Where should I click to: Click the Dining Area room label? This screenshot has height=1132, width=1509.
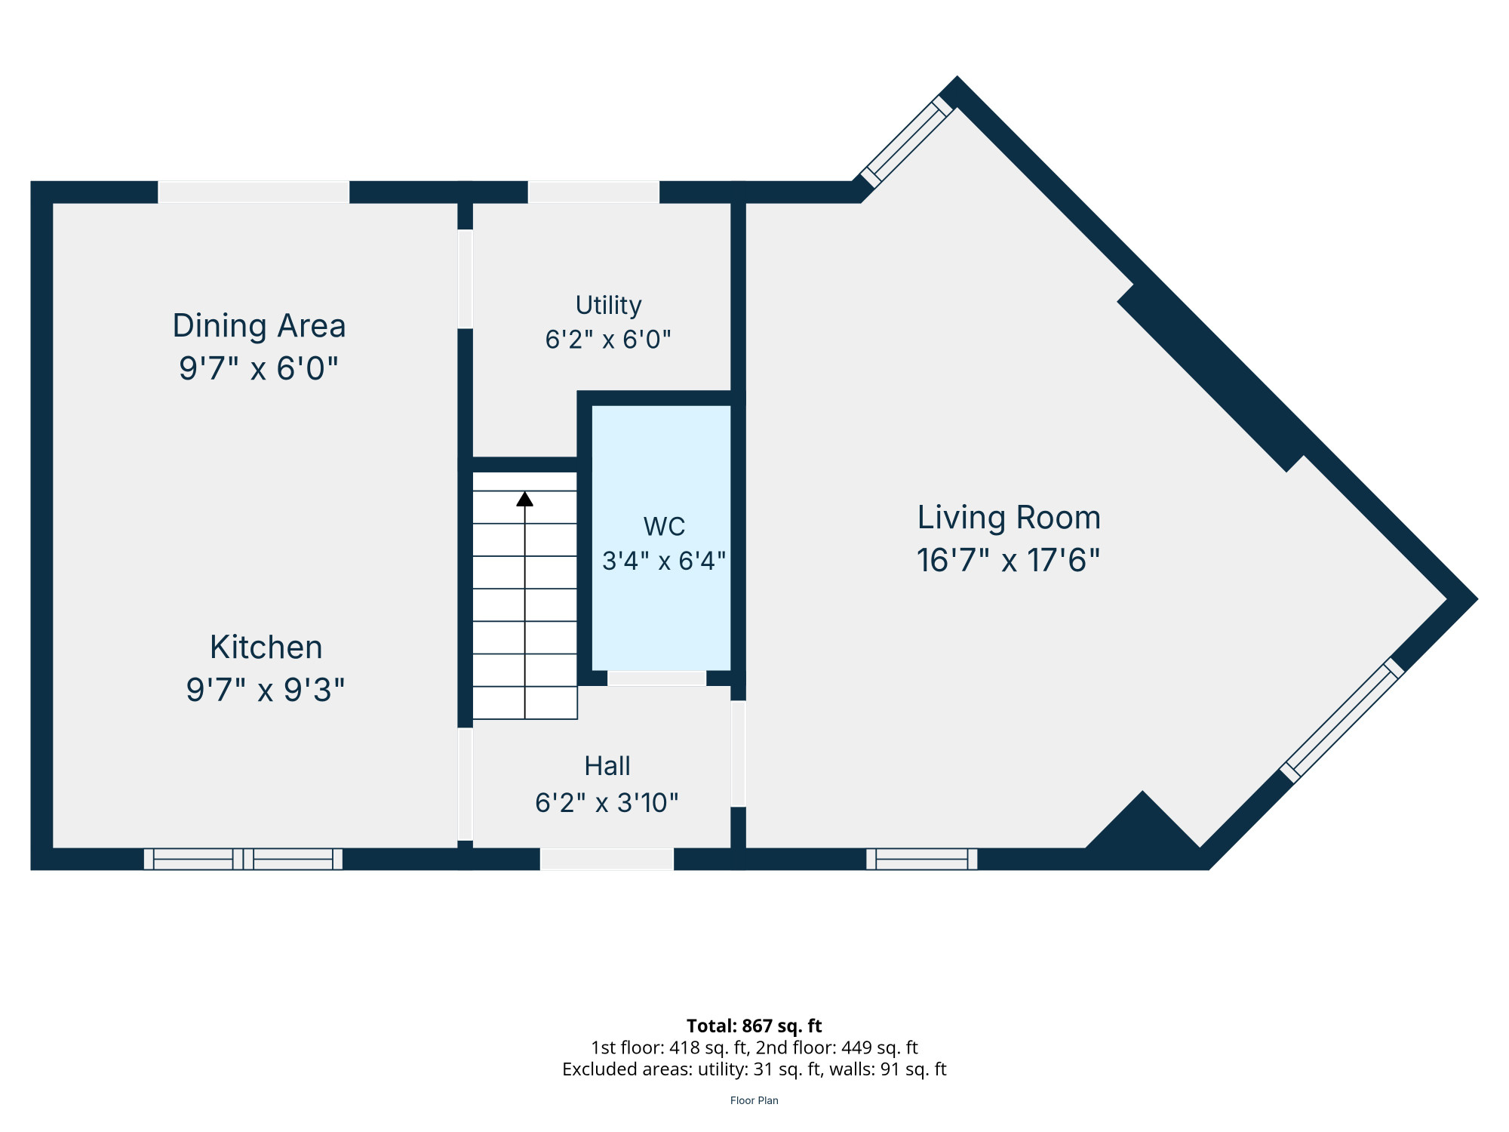point(259,327)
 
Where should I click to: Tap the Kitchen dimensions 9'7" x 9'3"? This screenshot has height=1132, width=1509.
point(266,690)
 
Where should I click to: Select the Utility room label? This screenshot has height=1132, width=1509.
point(608,306)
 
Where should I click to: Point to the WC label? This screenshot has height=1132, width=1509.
point(664,526)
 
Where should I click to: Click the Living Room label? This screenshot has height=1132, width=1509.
point(1009,518)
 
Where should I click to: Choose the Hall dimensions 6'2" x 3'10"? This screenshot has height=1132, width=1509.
point(607,802)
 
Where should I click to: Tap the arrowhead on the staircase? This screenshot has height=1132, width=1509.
point(525,499)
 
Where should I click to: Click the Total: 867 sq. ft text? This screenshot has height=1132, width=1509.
point(754,1026)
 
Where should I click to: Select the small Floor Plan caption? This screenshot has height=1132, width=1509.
point(754,1100)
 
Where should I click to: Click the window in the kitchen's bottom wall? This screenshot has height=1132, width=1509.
point(243,859)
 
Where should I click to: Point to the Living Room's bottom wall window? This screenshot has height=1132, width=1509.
point(922,859)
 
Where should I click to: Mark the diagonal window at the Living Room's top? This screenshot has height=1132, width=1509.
point(908,141)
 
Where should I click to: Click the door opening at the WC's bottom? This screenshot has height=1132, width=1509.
point(657,678)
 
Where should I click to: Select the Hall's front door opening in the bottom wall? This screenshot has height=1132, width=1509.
point(607,859)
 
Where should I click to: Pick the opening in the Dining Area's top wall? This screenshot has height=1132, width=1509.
point(254,192)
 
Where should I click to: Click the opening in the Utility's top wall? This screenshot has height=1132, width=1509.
point(594,192)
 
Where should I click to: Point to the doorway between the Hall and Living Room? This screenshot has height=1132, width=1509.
point(739,754)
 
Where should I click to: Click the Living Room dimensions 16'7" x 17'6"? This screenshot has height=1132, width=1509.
point(1009,561)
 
